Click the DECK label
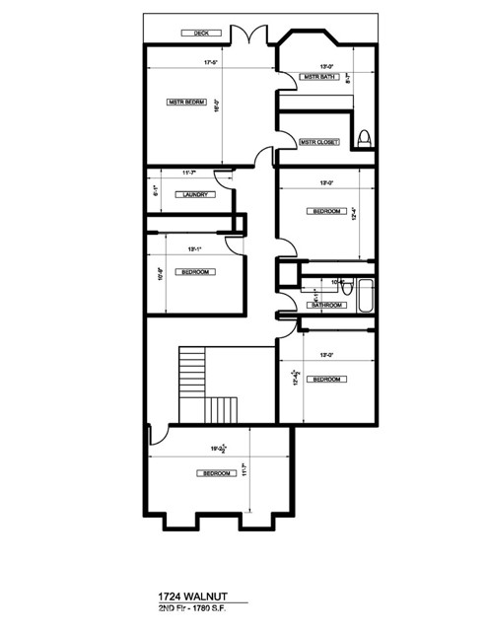click(201, 34)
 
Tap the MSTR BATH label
click(320, 77)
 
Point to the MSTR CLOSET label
click(319, 142)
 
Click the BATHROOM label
click(325, 306)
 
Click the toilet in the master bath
click(364, 137)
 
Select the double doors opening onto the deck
click(251, 35)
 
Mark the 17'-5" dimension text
click(209, 65)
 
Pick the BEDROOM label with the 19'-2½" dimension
click(216, 474)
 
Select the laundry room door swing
click(225, 177)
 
